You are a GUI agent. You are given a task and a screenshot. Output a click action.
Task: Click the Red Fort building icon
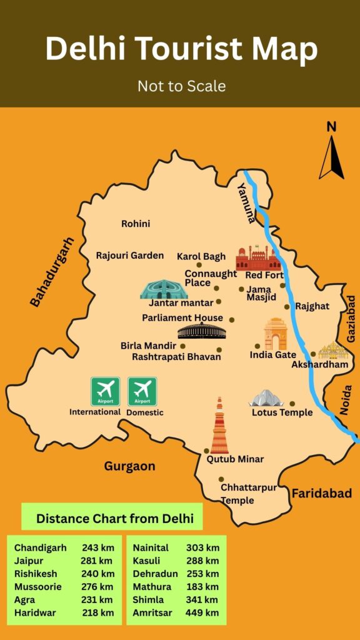259,257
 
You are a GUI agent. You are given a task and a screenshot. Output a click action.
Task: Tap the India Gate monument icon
275,334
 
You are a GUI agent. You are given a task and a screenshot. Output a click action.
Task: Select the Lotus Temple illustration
267,398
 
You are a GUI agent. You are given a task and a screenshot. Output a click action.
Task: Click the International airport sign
105,391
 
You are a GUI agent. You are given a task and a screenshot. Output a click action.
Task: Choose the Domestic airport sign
142,391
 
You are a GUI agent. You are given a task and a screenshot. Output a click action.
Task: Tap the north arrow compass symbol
331,156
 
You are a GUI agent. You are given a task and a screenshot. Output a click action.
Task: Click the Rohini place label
136,224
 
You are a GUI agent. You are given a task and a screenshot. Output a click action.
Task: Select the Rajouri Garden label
129,255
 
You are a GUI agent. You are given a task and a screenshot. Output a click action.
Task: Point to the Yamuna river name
246,202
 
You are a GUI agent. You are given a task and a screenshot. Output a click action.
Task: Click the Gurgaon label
130,466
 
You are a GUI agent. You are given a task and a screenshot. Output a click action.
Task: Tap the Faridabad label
322,493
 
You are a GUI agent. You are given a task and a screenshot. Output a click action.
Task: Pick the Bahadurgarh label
52,271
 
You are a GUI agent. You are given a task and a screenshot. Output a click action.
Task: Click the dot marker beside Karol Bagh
199,265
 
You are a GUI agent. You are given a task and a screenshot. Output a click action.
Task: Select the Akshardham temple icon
332,351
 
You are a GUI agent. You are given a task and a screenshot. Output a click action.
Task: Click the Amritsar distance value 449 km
202,612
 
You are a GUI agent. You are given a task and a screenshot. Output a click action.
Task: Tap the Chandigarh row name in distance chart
40,547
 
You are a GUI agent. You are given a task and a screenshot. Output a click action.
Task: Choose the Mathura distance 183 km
202,586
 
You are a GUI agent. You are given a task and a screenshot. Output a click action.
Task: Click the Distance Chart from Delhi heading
114,518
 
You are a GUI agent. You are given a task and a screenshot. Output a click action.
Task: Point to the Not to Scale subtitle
181,86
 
